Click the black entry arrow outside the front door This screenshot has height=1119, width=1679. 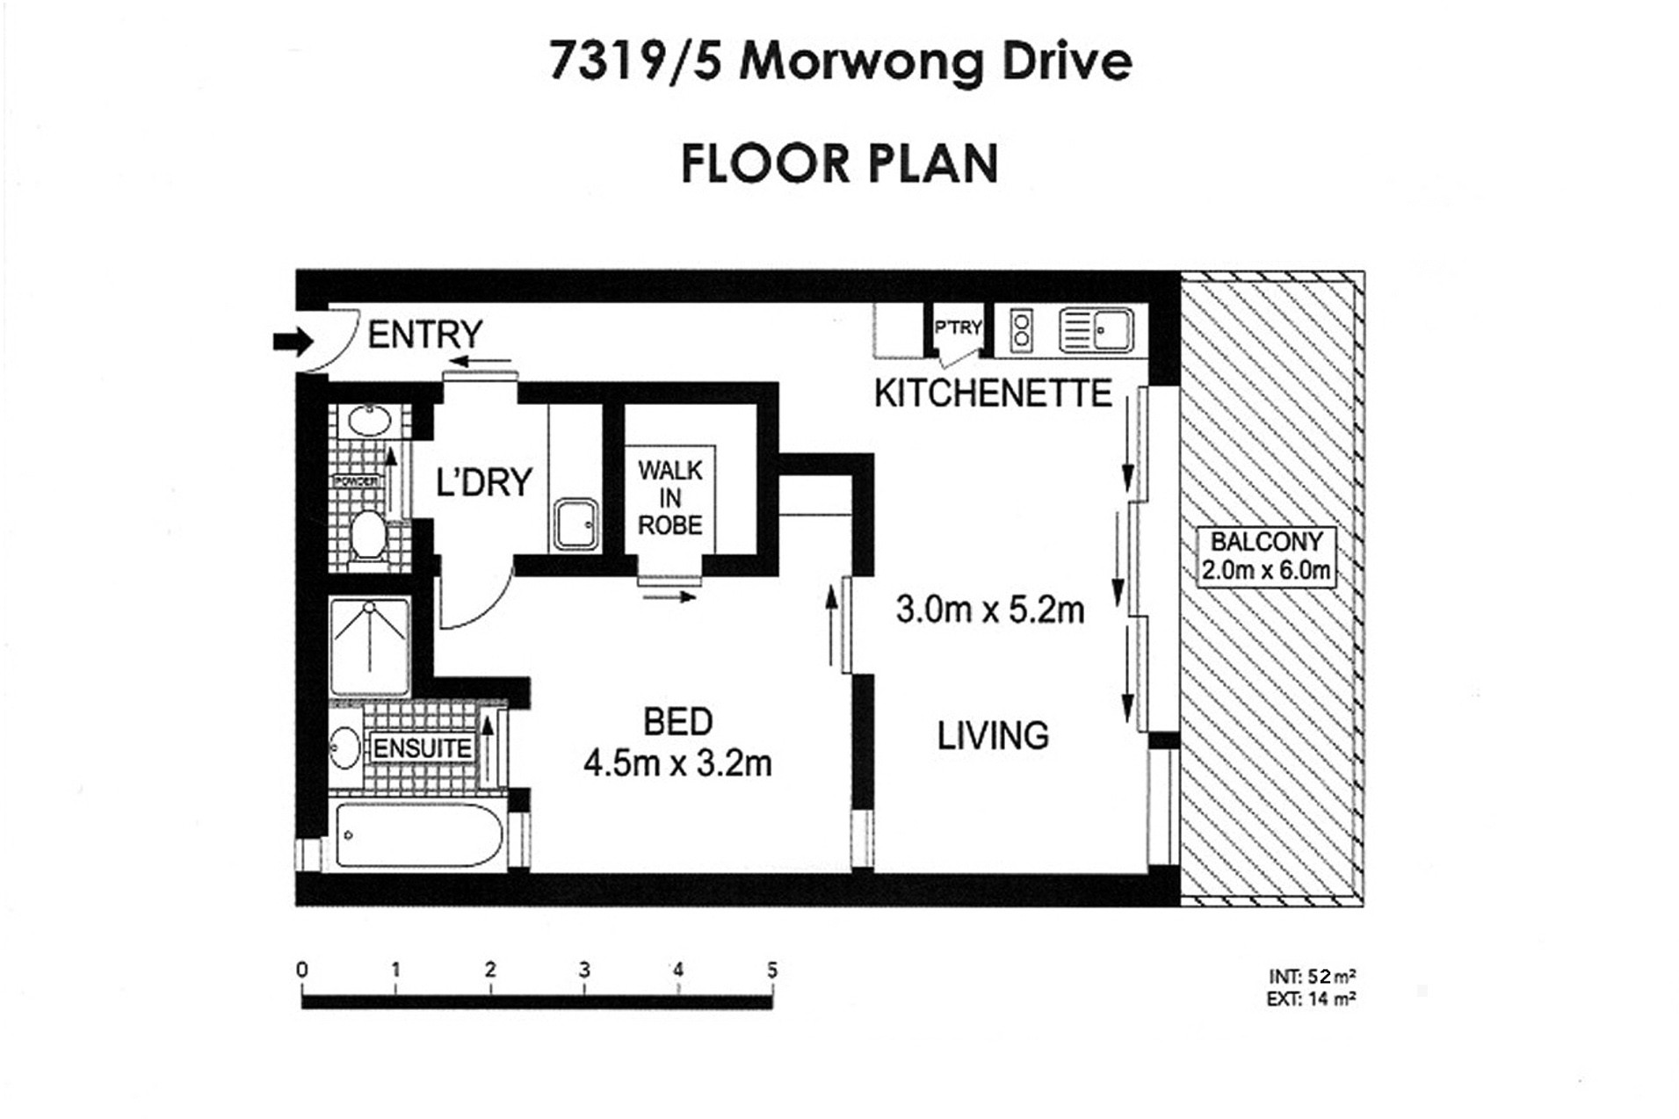pos(293,341)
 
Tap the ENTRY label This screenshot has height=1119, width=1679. pos(424,335)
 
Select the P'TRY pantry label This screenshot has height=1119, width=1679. pos(958,328)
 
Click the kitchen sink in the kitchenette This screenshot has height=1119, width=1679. pos(1096,330)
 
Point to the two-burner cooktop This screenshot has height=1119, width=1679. pos(1020,330)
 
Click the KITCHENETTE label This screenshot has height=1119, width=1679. pos(993,393)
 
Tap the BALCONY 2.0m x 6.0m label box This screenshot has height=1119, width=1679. pos(1265,556)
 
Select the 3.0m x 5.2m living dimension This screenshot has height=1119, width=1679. pos(989,610)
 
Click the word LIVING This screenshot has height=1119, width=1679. pos(993,735)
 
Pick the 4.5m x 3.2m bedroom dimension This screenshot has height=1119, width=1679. pos(677,763)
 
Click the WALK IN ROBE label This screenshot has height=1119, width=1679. pos(669,498)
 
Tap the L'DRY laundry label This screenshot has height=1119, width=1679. pos(484,482)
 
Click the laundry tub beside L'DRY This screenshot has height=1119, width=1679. pos(575,524)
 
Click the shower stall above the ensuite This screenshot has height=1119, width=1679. pos(370,646)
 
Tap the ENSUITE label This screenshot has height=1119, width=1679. pos(423,748)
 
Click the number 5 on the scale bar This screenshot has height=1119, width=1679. pos(771,970)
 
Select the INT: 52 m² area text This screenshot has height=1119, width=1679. pos(1311,976)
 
